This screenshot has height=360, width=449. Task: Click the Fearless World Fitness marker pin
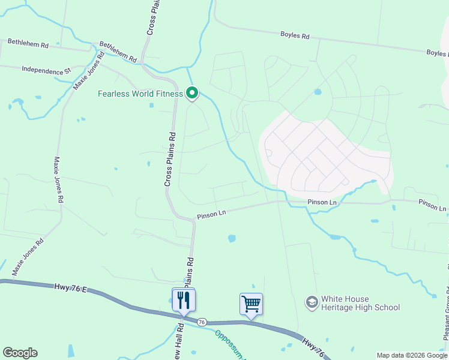(x=192, y=94)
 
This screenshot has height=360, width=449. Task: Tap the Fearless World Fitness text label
(x=140, y=94)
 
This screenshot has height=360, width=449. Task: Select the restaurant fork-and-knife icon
(x=183, y=299)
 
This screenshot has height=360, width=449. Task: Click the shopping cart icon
(x=251, y=304)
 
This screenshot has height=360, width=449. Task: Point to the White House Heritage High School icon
(x=312, y=302)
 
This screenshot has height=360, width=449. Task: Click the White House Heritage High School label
(x=360, y=303)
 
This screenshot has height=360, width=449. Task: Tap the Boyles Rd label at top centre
(x=295, y=35)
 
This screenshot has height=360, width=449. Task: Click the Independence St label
(x=46, y=70)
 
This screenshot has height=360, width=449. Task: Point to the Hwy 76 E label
(x=70, y=289)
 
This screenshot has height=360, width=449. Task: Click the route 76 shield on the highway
(x=202, y=322)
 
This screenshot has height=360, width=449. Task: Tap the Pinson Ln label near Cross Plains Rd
(x=211, y=212)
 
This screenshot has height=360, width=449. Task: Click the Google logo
(x=20, y=353)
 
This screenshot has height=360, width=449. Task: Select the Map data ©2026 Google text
(x=412, y=355)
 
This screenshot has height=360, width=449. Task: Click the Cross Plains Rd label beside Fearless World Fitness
(x=170, y=158)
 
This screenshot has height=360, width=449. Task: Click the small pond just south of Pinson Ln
(x=232, y=238)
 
